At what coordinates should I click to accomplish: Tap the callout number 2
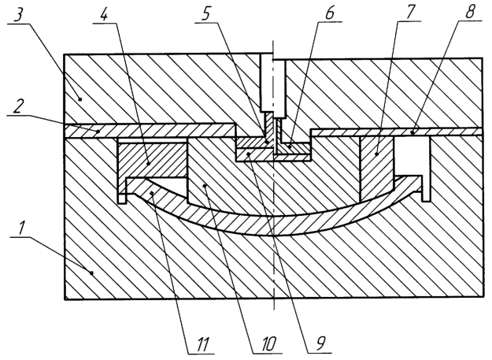[17, 106]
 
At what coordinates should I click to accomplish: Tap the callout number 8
[470, 11]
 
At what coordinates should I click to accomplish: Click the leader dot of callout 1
[91, 273]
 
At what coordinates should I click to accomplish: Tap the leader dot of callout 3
[80, 99]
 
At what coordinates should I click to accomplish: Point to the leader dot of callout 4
[150, 164]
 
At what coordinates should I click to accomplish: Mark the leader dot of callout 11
[152, 193]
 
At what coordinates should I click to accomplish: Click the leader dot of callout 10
[205, 186]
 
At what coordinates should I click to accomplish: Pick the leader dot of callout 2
[98, 132]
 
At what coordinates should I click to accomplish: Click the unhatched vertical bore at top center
[273, 85]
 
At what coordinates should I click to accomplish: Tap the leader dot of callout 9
[248, 154]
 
